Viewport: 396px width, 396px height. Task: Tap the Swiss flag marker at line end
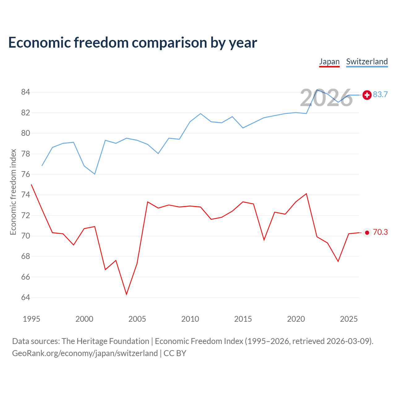pos(367,95)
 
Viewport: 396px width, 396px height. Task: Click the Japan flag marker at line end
pos(367,233)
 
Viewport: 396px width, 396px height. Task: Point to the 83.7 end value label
pos(380,94)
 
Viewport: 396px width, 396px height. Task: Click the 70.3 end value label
pos(380,232)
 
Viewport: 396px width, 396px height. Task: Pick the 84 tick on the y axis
pos(25,92)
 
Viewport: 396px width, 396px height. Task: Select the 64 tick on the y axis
pos(25,297)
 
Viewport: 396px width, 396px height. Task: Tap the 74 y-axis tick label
pos(25,194)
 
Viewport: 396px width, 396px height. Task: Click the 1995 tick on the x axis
pos(32,319)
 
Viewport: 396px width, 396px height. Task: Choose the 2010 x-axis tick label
pos(190,319)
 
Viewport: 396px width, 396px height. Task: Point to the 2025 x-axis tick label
pos(349,319)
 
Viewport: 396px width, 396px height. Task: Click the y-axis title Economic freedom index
pos(13,192)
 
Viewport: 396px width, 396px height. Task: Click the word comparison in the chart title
pos(169,43)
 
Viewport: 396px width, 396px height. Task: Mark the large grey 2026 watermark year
pos(326,98)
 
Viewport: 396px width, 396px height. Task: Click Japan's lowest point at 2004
pos(127,294)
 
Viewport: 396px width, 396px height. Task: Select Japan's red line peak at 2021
pos(306,194)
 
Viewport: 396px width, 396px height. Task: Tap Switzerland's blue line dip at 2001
pos(95,174)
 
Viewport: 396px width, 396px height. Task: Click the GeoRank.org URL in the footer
pos(85,353)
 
